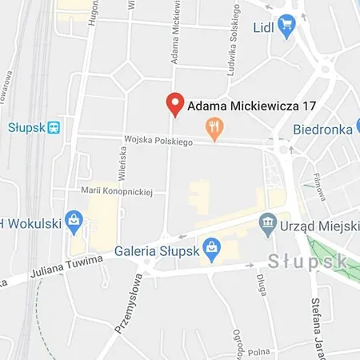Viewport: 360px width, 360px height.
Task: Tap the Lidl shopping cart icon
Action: (x=286, y=26)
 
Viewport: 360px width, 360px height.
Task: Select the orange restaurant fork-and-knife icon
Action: (x=214, y=126)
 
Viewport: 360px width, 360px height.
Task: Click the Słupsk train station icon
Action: (x=54, y=127)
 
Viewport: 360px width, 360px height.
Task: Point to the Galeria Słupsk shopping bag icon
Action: (x=210, y=246)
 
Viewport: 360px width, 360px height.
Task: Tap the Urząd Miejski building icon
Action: (x=267, y=221)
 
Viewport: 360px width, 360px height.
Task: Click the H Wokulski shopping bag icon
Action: (x=74, y=218)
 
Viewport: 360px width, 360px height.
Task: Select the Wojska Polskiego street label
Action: (x=159, y=142)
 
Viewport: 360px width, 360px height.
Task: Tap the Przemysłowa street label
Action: (x=127, y=304)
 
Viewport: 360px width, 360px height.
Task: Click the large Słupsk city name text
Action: (x=307, y=261)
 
